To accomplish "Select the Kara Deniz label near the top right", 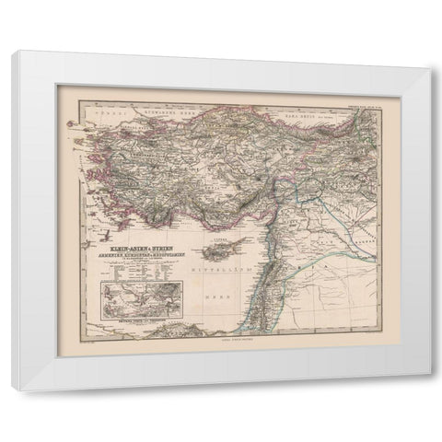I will coord(299,94).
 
